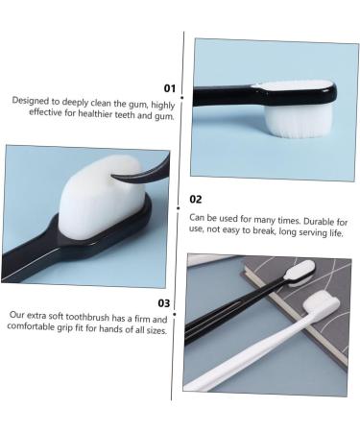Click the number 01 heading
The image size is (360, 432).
(x=170, y=88)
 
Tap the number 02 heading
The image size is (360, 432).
(x=195, y=200)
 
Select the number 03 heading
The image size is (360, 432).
(x=163, y=302)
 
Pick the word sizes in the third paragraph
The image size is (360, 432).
(x=153, y=328)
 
